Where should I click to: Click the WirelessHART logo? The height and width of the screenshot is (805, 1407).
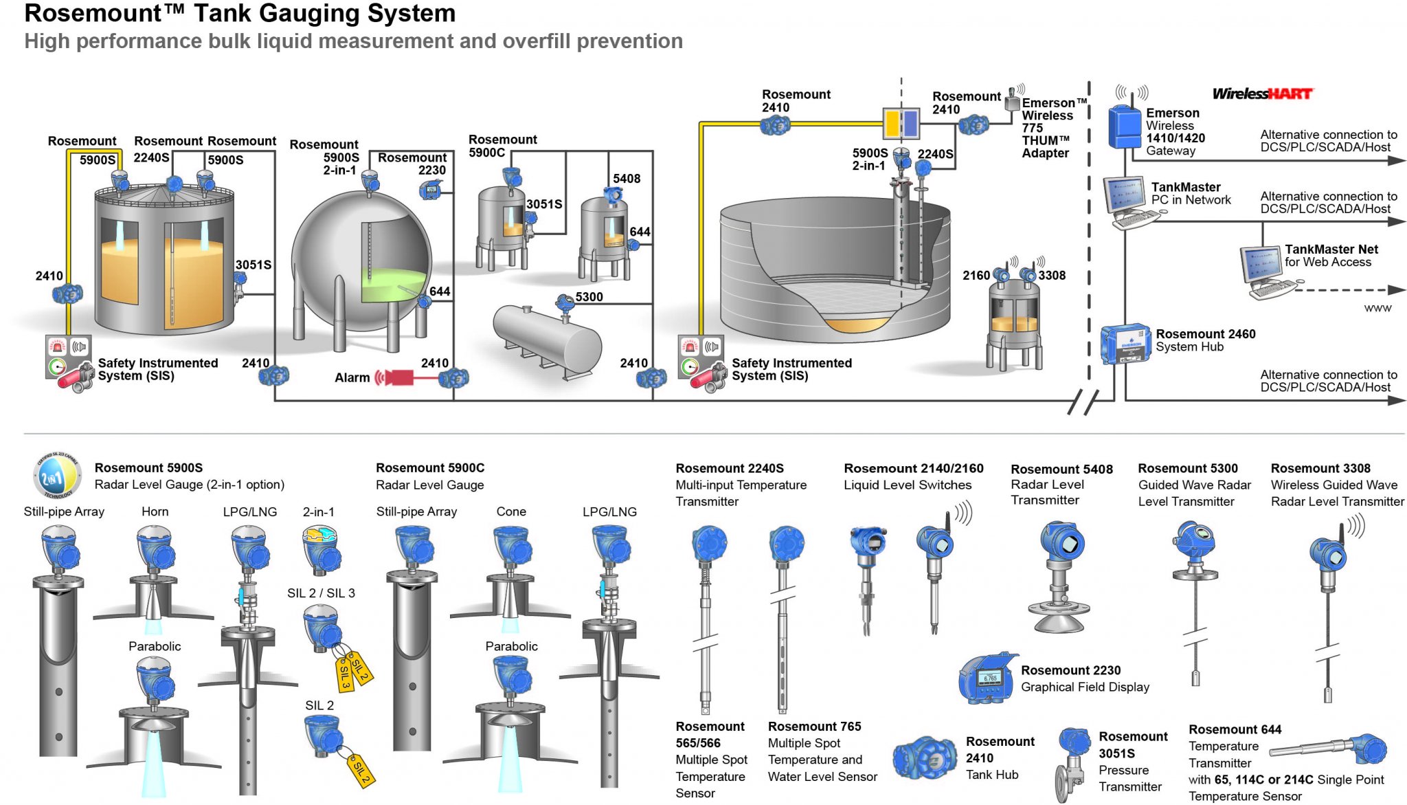[1262, 94]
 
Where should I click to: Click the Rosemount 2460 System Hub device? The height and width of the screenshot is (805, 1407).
[1125, 344]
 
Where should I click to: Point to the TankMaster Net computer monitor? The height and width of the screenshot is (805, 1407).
[1260, 265]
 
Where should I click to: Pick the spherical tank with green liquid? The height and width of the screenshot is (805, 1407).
[361, 261]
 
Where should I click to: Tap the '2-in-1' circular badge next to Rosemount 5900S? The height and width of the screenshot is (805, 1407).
[56, 476]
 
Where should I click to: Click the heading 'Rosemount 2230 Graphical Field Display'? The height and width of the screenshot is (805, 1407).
[1084, 679]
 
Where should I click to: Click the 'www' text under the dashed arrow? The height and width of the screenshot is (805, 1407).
[1377, 308]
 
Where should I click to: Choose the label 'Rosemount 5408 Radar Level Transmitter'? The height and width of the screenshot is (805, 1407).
[1061, 484]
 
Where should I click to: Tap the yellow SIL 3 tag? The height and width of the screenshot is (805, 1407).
[344, 676]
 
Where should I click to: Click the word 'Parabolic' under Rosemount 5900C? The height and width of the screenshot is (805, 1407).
[511, 646]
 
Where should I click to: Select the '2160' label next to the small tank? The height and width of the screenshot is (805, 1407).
[976, 276]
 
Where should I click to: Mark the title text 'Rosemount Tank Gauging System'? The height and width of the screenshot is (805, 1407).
[240, 13]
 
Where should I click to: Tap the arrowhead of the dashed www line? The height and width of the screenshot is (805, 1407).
[1397, 290]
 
